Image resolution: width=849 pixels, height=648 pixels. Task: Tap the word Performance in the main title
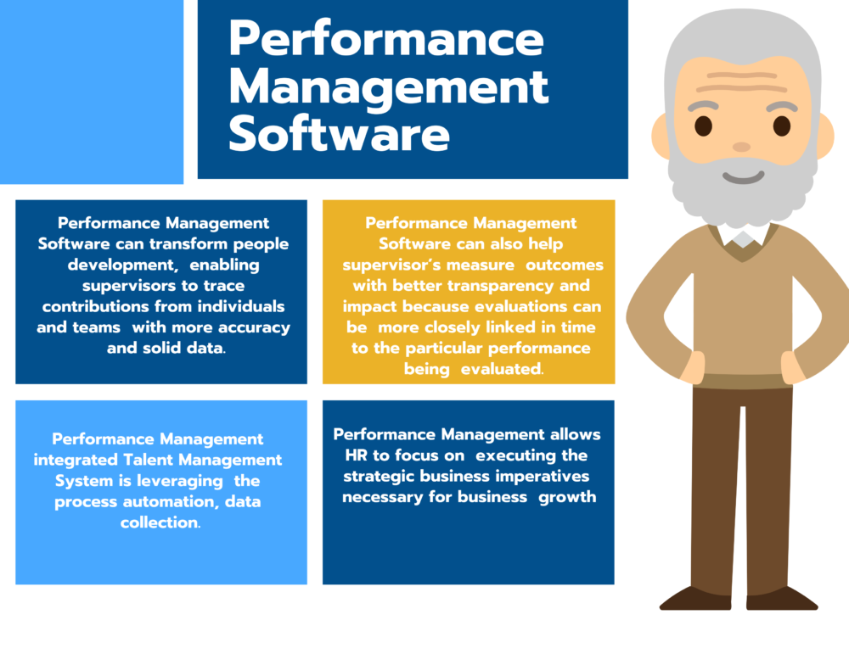tap(386, 39)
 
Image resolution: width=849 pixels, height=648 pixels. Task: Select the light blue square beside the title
tap(91, 91)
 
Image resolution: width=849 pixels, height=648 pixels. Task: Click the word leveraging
tap(201, 480)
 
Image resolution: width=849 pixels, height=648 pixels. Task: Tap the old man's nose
tap(741, 147)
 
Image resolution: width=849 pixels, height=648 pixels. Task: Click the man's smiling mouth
tap(742, 176)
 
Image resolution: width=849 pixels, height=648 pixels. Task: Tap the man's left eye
tap(781, 126)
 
